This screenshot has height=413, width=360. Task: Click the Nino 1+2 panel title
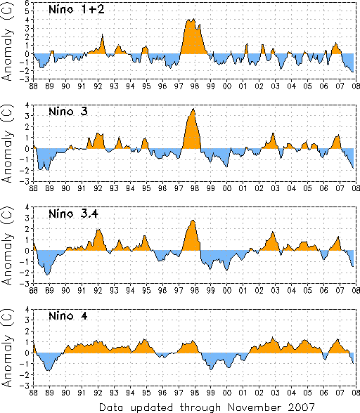click(x=77, y=10)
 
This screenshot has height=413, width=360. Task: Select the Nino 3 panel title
click(x=68, y=112)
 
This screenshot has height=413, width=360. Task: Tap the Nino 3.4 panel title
click(x=73, y=214)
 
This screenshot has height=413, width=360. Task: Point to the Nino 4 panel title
click(x=68, y=315)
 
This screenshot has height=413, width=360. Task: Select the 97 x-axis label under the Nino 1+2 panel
click(x=179, y=86)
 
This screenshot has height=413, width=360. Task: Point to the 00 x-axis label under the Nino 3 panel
click(x=227, y=188)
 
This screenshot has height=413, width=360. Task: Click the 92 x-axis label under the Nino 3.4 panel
click(x=98, y=291)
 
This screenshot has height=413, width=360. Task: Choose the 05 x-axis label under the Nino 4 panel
click(x=307, y=393)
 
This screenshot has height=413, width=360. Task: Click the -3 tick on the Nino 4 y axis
click(x=28, y=386)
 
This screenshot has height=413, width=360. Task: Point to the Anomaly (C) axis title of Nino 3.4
click(x=7, y=247)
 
